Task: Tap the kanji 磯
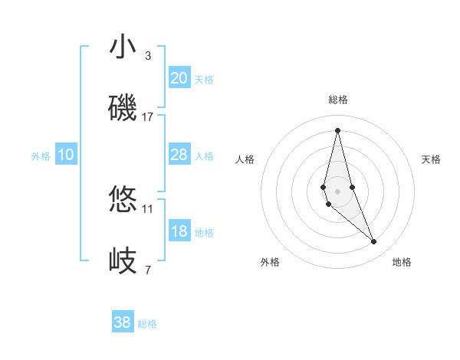click(x=123, y=107)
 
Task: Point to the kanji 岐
click(x=123, y=260)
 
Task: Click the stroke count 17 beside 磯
click(x=148, y=117)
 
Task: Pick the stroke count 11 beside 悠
click(x=148, y=208)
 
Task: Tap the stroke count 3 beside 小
click(x=148, y=56)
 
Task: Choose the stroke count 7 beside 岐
click(x=148, y=270)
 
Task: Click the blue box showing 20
click(x=179, y=78)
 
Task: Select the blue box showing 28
click(x=179, y=155)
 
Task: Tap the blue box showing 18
click(x=179, y=231)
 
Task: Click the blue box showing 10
click(x=65, y=155)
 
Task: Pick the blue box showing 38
click(x=123, y=322)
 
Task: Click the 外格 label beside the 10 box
click(x=41, y=156)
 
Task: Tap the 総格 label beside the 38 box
click(x=147, y=324)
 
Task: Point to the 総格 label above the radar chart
click(x=337, y=100)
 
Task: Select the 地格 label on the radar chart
click(x=402, y=262)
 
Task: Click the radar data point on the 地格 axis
click(x=374, y=242)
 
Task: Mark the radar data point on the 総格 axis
click(x=337, y=129)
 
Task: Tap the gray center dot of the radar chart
click(x=337, y=191)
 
